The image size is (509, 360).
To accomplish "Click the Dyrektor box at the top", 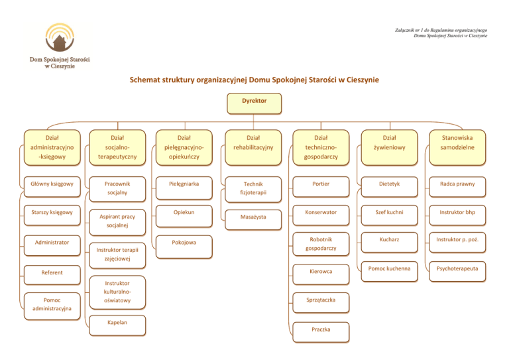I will click(x=254, y=103).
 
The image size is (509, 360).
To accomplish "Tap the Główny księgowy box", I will click(x=52, y=184).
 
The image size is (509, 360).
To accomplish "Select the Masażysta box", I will click(x=254, y=217).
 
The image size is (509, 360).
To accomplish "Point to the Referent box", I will click(x=52, y=272).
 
